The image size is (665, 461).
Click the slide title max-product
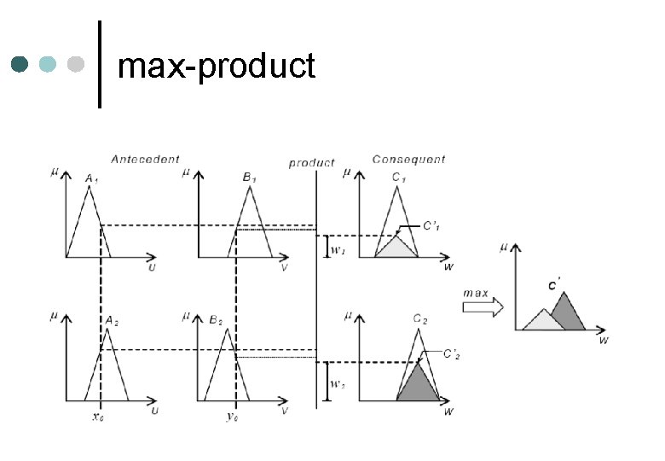[x=216, y=66]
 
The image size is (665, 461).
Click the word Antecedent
[x=145, y=159]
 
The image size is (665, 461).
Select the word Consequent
[x=408, y=159]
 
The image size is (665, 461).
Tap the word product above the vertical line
[x=311, y=162]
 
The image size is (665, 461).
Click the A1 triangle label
[x=90, y=178]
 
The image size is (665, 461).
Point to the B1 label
[x=249, y=178]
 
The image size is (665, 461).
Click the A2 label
[x=112, y=320]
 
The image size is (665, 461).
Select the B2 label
[x=217, y=320]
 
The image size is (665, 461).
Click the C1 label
[x=398, y=178]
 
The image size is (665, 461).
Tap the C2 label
[x=419, y=319]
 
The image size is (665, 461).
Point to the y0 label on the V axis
[x=231, y=417]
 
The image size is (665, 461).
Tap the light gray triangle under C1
[x=396, y=248]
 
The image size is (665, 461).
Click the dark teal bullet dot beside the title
[x=20, y=64]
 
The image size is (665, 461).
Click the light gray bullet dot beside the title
[x=75, y=64]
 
